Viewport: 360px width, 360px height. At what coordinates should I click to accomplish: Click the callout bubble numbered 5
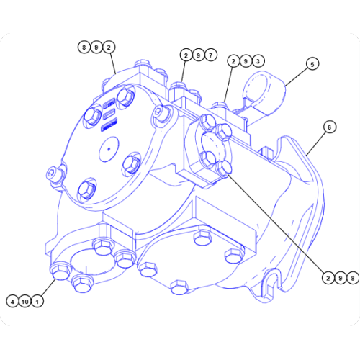(x=312, y=64)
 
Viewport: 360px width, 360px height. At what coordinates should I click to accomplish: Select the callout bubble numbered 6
(x=328, y=127)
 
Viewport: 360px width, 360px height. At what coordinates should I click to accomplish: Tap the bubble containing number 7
(x=210, y=55)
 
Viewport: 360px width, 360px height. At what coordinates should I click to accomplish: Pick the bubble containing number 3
(x=257, y=62)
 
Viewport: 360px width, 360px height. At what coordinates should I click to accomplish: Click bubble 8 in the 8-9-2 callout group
(x=84, y=48)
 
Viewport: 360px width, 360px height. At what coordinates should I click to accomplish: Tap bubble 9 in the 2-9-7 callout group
(x=197, y=55)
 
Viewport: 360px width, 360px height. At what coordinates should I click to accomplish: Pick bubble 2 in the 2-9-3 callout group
(x=233, y=62)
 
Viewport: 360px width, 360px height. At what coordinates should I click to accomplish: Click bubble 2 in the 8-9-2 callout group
(x=109, y=48)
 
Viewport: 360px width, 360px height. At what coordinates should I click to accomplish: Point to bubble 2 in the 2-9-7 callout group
(x=185, y=55)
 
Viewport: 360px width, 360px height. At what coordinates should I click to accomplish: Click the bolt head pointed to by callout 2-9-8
(x=225, y=168)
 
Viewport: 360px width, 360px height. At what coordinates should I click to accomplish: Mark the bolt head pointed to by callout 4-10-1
(x=60, y=272)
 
